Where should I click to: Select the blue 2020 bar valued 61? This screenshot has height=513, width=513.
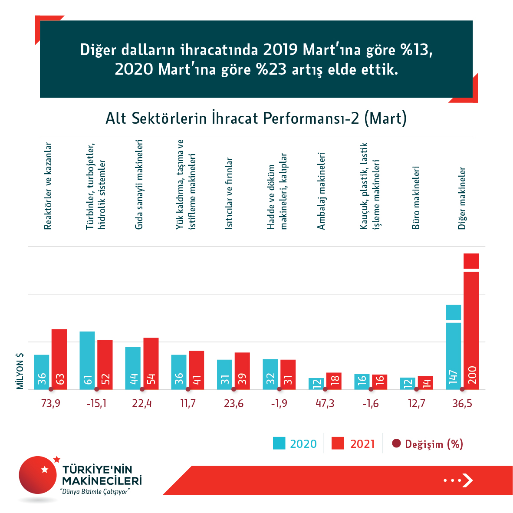[x=87, y=360]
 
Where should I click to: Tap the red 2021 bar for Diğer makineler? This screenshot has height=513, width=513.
[x=471, y=321]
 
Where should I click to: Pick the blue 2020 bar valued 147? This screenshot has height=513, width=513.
[x=453, y=347]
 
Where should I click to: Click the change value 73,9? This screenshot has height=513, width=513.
[x=51, y=404]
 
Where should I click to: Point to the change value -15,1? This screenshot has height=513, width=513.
[x=96, y=404]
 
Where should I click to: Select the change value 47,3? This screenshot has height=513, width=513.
[x=325, y=404]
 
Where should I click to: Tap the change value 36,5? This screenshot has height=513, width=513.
[x=462, y=404]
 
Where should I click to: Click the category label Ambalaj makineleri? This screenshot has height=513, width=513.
[x=321, y=191]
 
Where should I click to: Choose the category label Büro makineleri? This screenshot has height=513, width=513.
[x=416, y=197]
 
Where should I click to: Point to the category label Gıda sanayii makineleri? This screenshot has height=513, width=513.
[x=139, y=184]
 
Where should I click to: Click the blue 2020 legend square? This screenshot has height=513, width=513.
[x=279, y=443]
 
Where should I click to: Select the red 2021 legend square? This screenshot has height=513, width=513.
[x=338, y=443]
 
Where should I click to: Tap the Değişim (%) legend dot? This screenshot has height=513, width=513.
[x=396, y=444]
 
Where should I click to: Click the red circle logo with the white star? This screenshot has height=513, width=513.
[x=38, y=475]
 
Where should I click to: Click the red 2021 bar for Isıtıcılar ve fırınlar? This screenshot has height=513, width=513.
[x=242, y=371]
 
